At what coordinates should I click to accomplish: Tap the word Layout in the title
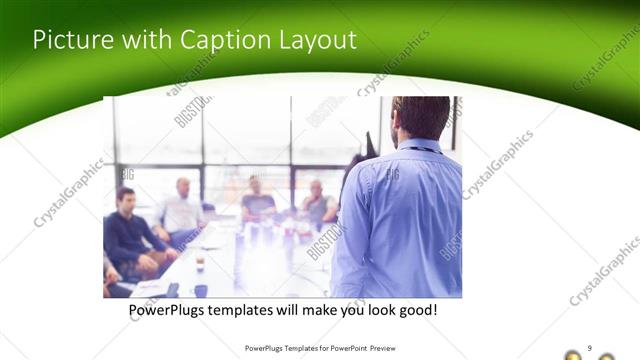(x=317, y=40)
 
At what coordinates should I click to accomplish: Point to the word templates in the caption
(x=251, y=311)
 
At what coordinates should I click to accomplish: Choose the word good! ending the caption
(x=416, y=311)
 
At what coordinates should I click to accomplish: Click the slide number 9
(x=589, y=347)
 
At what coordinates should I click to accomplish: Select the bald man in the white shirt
(x=182, y=210)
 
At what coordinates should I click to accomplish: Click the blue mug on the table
(x=201, y=291)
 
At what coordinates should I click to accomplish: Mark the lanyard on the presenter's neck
(x=420, y=149)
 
